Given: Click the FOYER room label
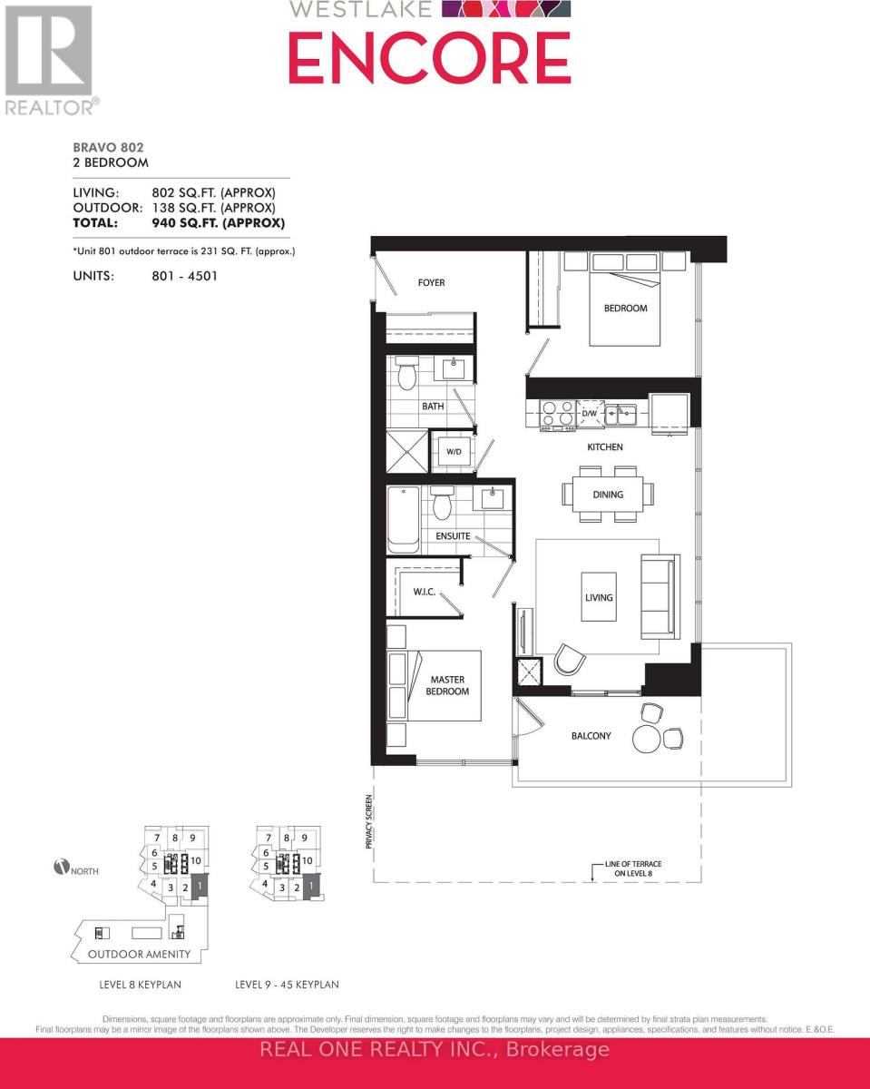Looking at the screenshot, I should (432, 283).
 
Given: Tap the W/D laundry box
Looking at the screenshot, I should (453, 451).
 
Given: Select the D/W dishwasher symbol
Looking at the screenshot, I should (590, 414).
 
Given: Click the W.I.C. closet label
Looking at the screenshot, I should (425, 592).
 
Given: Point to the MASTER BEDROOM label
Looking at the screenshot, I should (449, 685).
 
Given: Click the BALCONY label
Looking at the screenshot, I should (591, 736).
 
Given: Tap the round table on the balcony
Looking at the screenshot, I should (648, 738).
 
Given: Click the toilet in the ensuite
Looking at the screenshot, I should (443, 503).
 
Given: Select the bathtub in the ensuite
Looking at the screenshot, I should (404, 520).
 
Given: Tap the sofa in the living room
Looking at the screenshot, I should (658, 596).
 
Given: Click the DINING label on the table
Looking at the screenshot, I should (608, 495).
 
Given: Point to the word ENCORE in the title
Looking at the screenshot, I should (429, 56).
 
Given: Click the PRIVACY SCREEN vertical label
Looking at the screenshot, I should (369, 822).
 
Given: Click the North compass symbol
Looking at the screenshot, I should (62, 868).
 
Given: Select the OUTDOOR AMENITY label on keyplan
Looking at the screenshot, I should (139, 955).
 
